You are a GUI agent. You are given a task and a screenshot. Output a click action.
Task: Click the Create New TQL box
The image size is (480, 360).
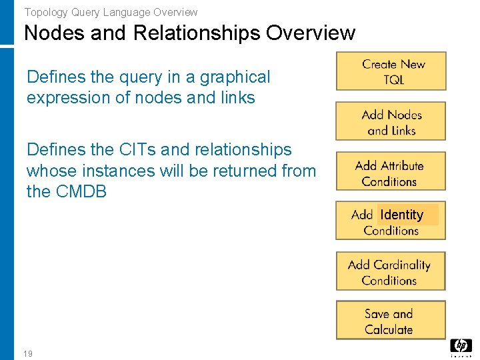pyautogui.click(x=391, y=71)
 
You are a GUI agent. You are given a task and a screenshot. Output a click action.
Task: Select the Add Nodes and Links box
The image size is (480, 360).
pyautogui.click(x=391, y=122)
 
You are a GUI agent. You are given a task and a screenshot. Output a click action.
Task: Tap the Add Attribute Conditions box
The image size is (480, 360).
pyautogui.click(x=391, y=173)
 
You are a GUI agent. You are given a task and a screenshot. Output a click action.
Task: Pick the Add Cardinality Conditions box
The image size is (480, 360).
pyautogui.click(x=391, y=272)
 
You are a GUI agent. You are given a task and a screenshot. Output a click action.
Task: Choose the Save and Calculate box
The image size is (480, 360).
pyautogui.click(x=391, y=321)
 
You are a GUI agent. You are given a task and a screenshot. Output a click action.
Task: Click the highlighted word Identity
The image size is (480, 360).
pyautogui.click(x=402, y=215)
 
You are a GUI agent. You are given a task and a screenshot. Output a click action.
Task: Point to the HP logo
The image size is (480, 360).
pyautogui.click(x=461, y=346)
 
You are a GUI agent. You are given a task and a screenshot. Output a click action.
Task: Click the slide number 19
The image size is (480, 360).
pyautogui.click(x=28, y=353)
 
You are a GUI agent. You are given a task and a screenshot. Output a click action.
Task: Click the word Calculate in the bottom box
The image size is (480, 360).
pyautogui.click(x=389, y=329)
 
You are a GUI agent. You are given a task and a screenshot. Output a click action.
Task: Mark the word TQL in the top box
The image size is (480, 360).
pyautogui.click(x=393, y=79)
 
